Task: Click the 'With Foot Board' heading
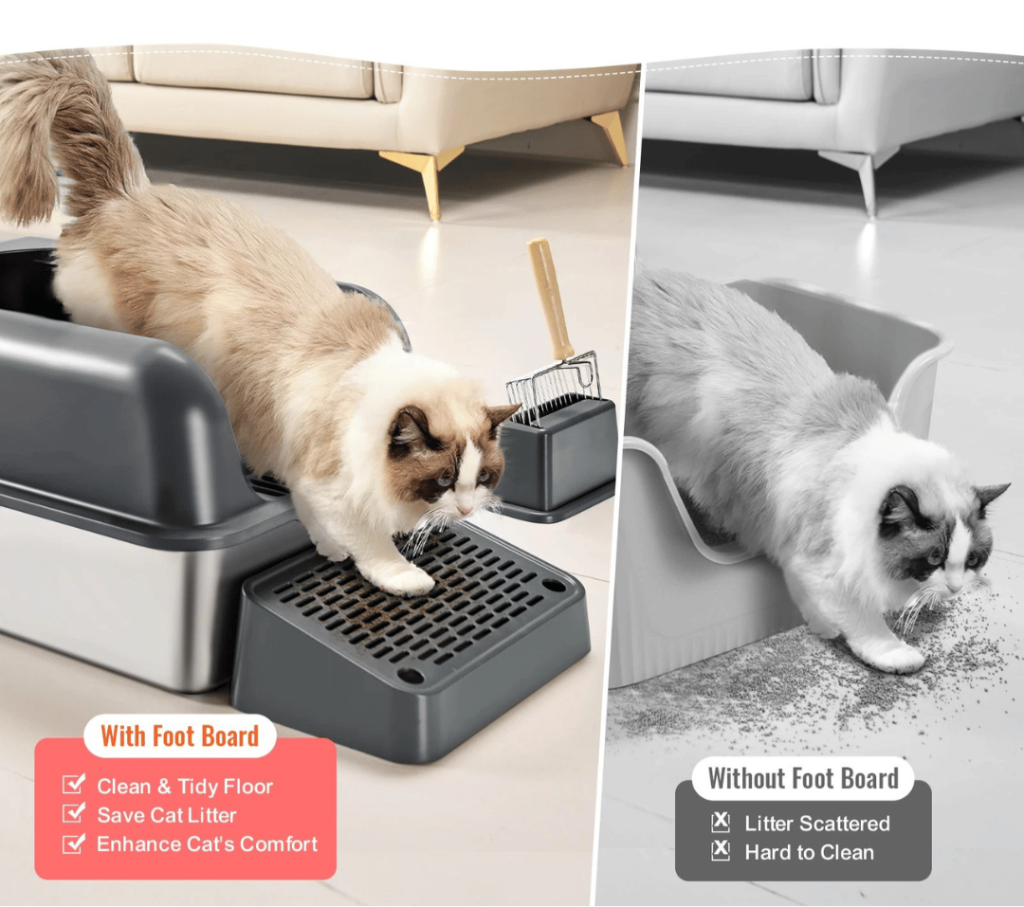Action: coord(179,735)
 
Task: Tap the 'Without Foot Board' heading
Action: coord(803,778)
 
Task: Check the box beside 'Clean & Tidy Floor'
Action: coord(74,784)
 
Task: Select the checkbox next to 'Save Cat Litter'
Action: coord(74,813)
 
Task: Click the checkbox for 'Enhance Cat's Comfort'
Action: coord(74,843)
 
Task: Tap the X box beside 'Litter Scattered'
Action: coord(721,822)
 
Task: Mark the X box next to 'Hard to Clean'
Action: coord(721,850)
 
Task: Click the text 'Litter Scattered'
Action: coord(817,824)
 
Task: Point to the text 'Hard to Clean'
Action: coord(809,852)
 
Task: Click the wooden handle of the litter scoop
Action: coord(551,298)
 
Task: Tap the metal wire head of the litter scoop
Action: coord(554,387)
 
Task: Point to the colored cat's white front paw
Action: coord(408,579)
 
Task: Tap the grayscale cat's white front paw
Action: coord(896,655)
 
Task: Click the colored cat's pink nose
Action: coord(465,510)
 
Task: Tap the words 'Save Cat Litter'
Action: coord(167,815)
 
